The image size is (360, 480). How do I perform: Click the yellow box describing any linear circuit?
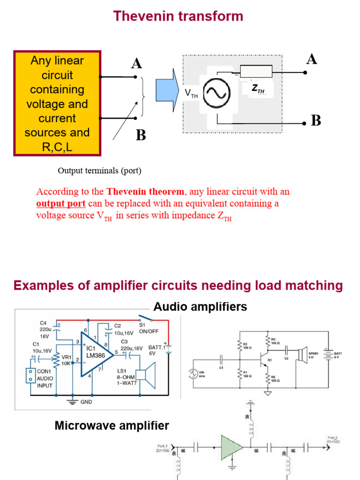point(57,104)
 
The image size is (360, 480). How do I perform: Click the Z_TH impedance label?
point(257,88)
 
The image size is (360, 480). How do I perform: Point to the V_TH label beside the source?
point(191,94)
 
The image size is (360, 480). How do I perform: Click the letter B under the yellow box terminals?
point(141,136)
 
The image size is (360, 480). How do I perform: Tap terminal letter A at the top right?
point(311,59)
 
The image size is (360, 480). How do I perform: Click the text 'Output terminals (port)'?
point(99,171)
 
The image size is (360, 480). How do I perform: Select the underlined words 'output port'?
point(60,203)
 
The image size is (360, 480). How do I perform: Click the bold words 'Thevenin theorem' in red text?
point(145,192)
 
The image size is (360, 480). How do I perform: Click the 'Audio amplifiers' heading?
point(200,307)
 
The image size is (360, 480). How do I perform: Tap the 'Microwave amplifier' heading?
point(112,426)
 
